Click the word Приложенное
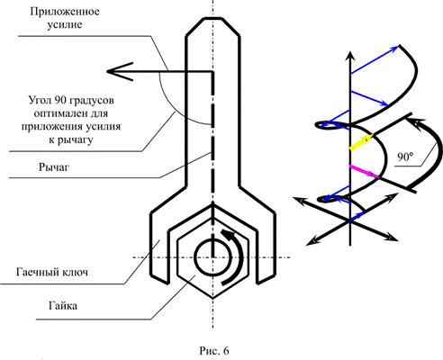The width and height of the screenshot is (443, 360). pyautogui.click(x=65, y=12)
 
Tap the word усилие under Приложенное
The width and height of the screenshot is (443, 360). pyautogui.click(x=65, y=24)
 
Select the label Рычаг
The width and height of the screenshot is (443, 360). pyautogui.click(x=54, y=167)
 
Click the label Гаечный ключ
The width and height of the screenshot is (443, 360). pyautogui.click(x=52, y=272)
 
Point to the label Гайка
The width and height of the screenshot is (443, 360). pyautogui.click(x=63, y=306)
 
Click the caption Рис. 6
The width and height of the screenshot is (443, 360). pyautogui.click(x=214, y=350)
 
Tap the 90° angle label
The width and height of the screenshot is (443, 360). pyautogui.click(x=405, y=157)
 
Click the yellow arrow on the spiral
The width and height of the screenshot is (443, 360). pyautogui.click(x=361, y=142)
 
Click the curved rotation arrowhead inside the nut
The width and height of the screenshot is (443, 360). pyautogui.click(x=227, y=234)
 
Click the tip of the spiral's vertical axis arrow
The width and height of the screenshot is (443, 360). pyautogui.click(x=350, y=52)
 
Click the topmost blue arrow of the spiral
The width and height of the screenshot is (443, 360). pyautogui.click(x=375, y=59)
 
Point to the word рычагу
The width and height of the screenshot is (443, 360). pyautogui.click(x=75, y=139)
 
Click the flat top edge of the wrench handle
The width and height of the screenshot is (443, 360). pyautogui.click(x=212, y=18)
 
